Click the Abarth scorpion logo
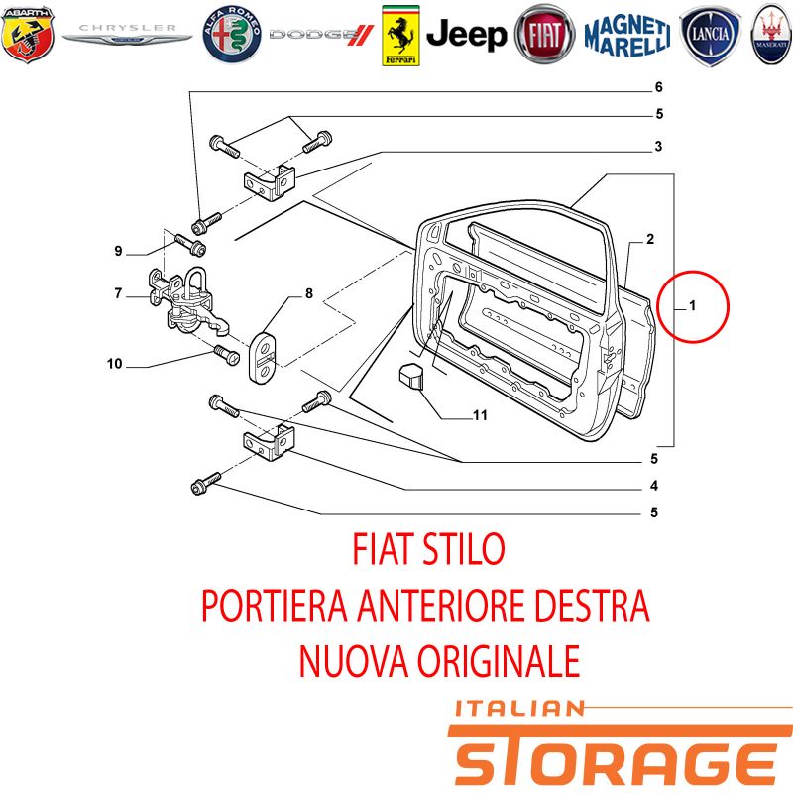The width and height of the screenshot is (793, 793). pyautogui.click(x=28, y=35)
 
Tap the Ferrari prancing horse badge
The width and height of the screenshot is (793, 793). pyautogui.click(x=400, y=36)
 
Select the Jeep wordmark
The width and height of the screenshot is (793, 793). pyautogui.click(x=466, y=35)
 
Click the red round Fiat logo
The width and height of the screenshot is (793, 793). pyautogui.click(x=544, y=35)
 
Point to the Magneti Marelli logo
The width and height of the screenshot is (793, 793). pyautogui.click(x=627, y=35)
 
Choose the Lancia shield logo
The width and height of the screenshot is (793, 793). pyautogui.click(x=710, y=35)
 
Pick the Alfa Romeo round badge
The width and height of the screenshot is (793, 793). pyautogui.click(x=232, y=35)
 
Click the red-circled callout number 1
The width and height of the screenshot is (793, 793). pyautogui.click(x=692, y=305)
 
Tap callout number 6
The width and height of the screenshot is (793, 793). pyautogui.click(x=658, y=87)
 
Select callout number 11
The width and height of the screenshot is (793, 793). pyautogui.click(x=480, y=415)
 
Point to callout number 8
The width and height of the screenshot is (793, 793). pyautogui.click(x=309, y=293)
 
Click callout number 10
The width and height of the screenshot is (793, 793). pyautogui.click(x=115, y=363)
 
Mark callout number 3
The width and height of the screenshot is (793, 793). pyautogui.click(x=658, y=146)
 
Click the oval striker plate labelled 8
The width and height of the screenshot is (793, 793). pyautogui.click(x=263, y=357)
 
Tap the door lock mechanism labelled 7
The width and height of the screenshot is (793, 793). pyautogui.click(x=187, y=302)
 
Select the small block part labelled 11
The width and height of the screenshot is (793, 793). pyautogui.click(x=410, y=375)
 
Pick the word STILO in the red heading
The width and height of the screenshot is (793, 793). pyautogui.click(x=463, y=549)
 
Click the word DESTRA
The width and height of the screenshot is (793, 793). pyautogui.click(x=592, y=605)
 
